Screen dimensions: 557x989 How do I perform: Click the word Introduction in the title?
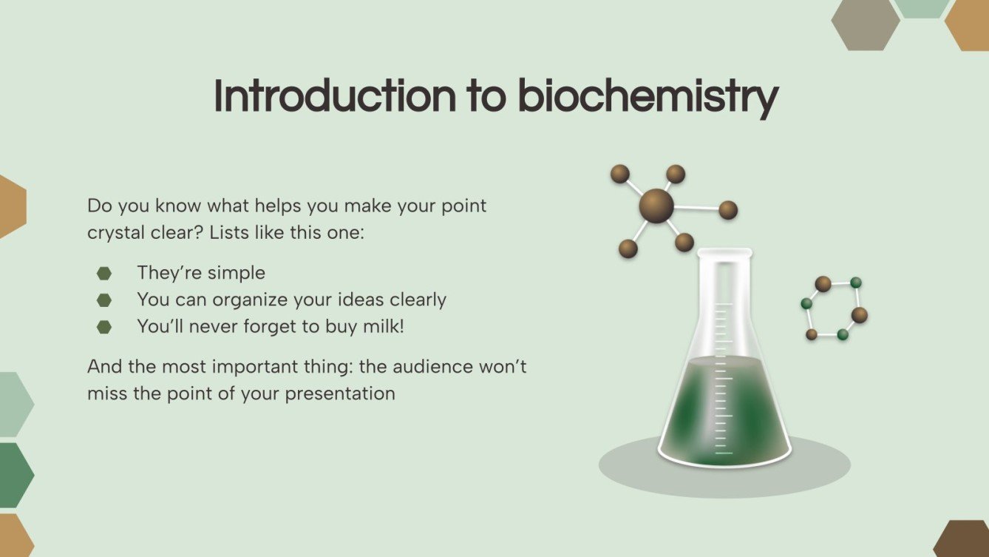[x=335, y=96]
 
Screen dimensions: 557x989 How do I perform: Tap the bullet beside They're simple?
[x=104, y=274]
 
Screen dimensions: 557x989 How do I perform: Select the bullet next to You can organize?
[x=104, y=300]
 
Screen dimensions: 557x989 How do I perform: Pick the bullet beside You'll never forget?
[x=104, y=327]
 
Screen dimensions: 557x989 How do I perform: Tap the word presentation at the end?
[x=340, y=393]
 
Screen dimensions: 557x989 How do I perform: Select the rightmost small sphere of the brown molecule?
[x=728, y=210]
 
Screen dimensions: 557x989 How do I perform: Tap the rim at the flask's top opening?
[x=724, y=254]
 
